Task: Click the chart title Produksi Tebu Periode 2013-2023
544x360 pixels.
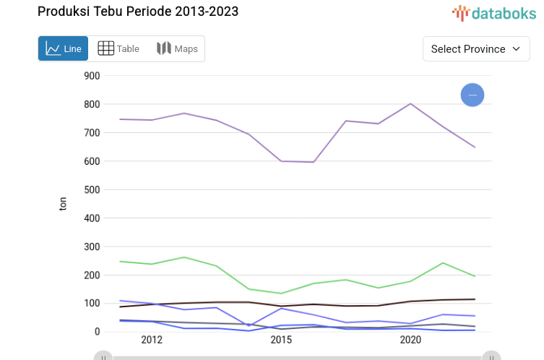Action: pos(137,12)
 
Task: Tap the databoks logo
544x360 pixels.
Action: pos(494,12)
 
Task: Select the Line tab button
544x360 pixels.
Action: pos(64,48)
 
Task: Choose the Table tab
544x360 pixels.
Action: pos(118,48)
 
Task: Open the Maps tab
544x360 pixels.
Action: pos(177,48)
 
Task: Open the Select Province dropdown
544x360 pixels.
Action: pos(476,48)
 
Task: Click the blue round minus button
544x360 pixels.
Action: pos(472,95)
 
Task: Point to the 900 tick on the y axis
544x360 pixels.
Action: pos(91,76)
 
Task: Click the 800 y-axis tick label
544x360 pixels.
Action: pos(91,104)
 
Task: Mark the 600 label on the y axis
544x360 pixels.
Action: pos(91,161)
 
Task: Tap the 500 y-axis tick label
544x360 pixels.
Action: pos(91,189)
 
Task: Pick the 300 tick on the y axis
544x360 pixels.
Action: pos(91,247)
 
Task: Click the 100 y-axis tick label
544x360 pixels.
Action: pos(91,304)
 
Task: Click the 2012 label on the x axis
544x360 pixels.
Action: pos(152,340)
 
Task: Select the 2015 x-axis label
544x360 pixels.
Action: pos(281,340)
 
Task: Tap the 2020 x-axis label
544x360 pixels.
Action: pos(410,340)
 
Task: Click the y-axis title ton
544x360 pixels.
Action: pos(63,204)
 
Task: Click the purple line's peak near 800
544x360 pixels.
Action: pos(410,103)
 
